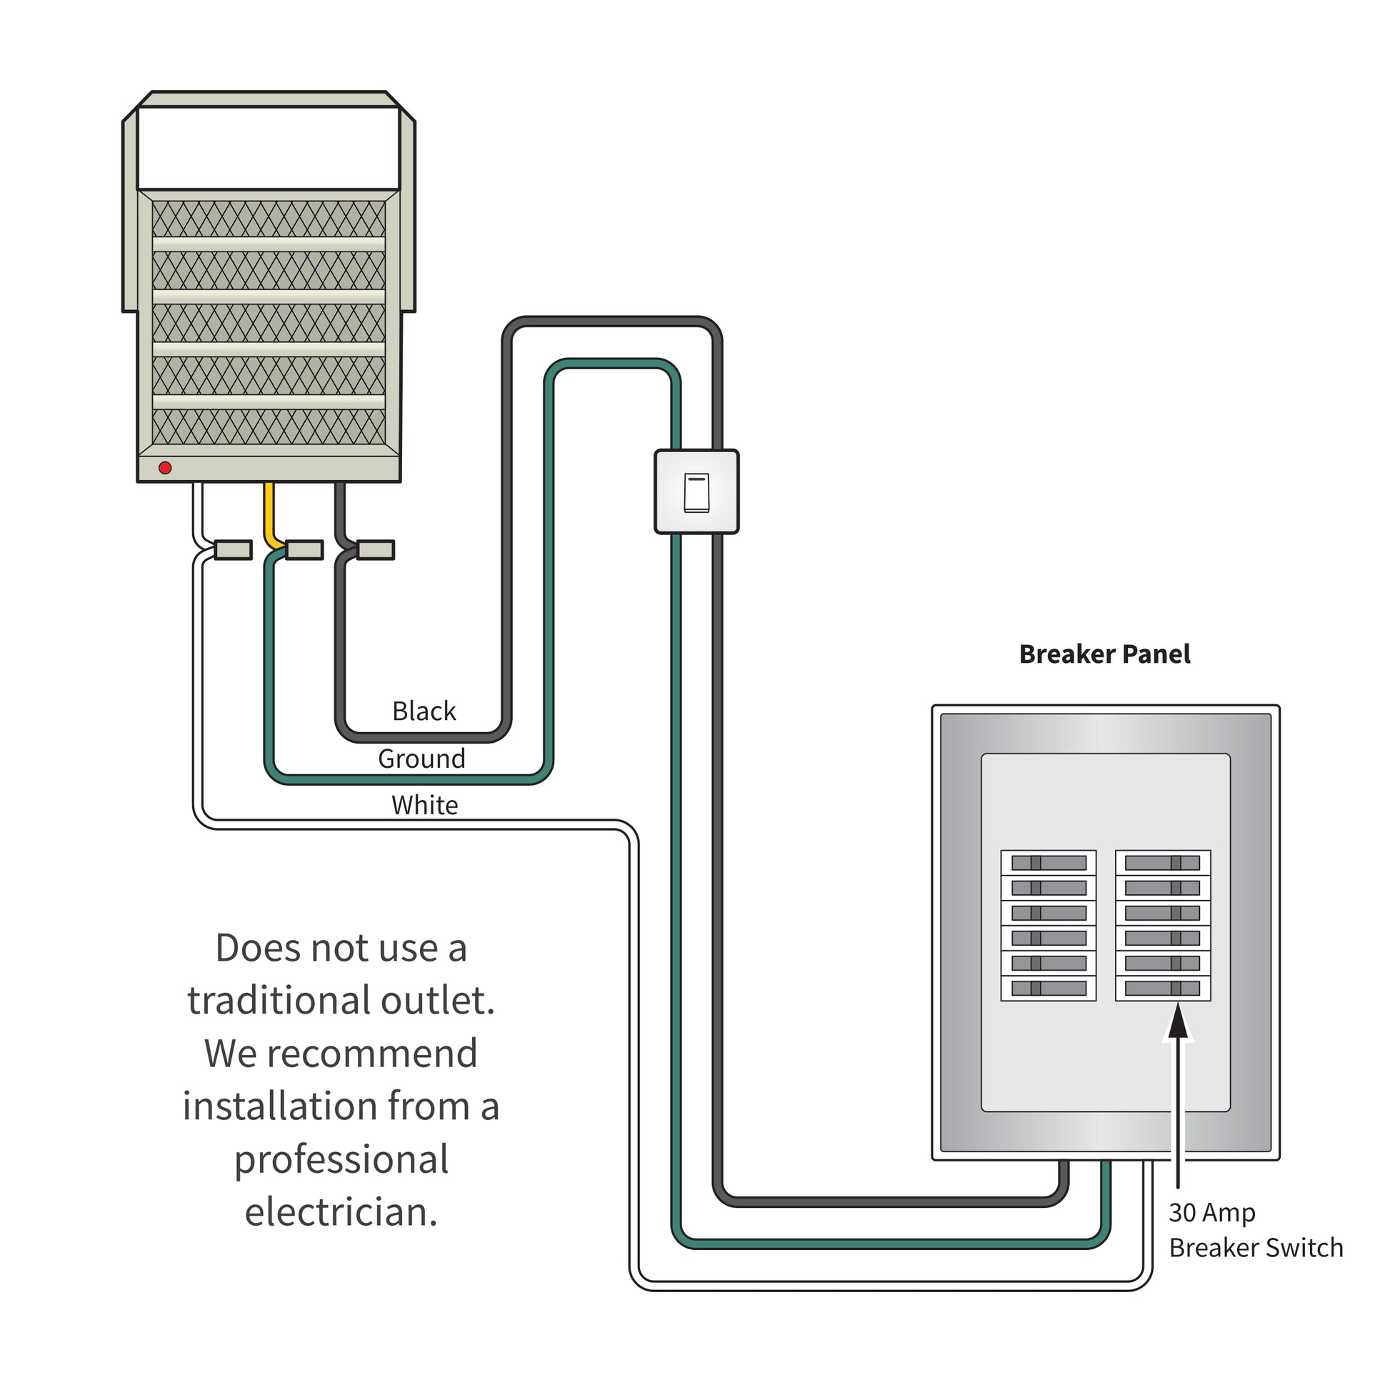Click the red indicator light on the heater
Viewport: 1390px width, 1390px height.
click(x=165, y=468)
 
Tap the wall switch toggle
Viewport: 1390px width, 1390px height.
click(x=696, y=493)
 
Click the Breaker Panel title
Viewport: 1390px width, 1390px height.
click(x=1104, y=654)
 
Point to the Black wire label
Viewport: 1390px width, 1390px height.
click(x=424, y=711)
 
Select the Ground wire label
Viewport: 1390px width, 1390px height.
click(x=421, y=759)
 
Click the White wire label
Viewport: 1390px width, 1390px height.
click(x=424, y=804)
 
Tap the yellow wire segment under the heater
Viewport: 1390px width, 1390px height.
click(x=270, y=511)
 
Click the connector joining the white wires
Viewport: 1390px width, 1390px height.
click(x=233, y=551)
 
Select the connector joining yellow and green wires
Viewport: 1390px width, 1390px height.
click(x=304, y=551)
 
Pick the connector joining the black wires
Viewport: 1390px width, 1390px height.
click(x=376, y=551)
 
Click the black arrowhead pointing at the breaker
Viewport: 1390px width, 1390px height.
click(x=1177, y=1024)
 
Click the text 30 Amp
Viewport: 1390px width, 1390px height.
click(x=1211, y=1212)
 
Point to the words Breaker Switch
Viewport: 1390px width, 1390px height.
click(x=1256, y=1248)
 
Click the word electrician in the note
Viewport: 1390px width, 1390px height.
click(x=341, y=1211)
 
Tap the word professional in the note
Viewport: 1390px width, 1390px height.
click(x=341, y=1159)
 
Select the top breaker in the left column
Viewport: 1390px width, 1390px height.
click(x=1049, y=863)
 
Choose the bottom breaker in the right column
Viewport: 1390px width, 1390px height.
click(x=1162, y=989)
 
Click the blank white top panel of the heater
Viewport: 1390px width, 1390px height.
click(x=269, y=147)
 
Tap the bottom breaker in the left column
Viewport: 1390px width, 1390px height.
click(x=1049, y=989)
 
